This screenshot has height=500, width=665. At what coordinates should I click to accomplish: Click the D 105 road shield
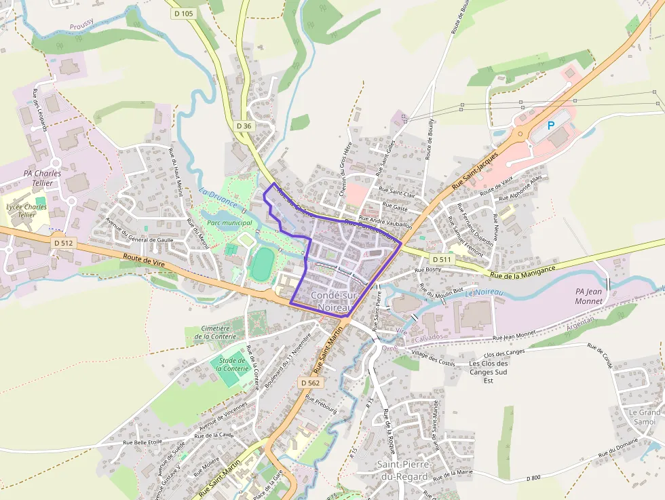pos(183,14)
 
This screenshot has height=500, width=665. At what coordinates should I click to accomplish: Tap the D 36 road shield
pos(244,126)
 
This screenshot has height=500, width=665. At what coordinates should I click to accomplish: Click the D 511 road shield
pos(441,259)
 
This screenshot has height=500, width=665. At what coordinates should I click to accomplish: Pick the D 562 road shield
pos(309,383)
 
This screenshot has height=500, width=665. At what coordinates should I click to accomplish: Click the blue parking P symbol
pos(551,126)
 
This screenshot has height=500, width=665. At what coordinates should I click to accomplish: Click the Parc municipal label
pos(229,223)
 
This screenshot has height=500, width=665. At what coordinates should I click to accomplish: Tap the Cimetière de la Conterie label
pos(213,332)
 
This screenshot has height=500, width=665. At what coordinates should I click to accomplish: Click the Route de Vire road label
pos(145,260)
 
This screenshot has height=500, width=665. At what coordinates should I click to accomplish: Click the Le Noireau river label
pos(484,293)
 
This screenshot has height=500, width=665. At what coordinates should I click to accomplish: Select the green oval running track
pos(260,265)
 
